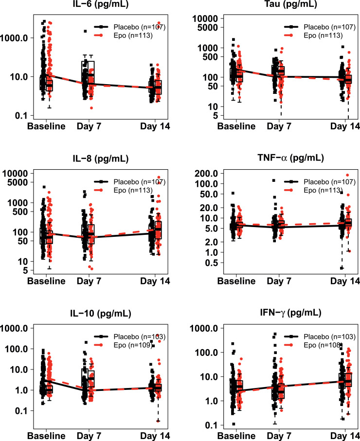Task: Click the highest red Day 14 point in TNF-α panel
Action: click(347, 175)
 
